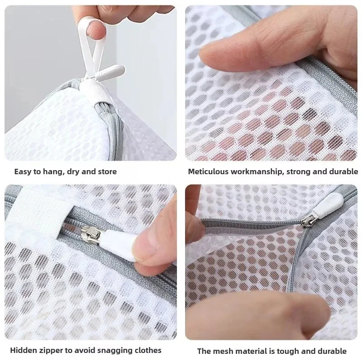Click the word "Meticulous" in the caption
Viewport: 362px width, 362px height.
point(209,171)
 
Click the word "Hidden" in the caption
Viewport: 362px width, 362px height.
point(23,350)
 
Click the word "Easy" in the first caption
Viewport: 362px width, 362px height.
point(23,171)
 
